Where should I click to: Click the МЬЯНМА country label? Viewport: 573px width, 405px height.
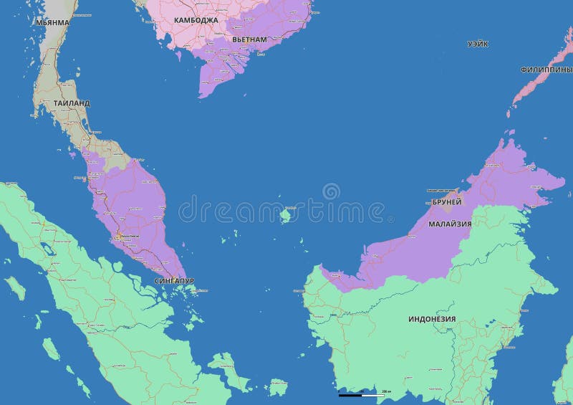[x=52, y=22]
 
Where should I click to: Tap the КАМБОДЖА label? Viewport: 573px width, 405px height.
[x=196, y=20]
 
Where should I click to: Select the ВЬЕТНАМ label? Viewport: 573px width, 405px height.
[x=249, y=39]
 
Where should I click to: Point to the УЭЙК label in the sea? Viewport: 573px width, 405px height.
[x=478, y=44]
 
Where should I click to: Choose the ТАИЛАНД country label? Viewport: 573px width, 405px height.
[x=72, y=103]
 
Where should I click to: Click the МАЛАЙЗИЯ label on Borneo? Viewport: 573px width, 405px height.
[x=450, y=224]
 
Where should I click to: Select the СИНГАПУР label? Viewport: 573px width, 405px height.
[x=174, y=281]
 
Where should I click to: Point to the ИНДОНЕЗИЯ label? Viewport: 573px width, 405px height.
[x=432, y=318]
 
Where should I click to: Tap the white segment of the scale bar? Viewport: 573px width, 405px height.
[x=372, y=395]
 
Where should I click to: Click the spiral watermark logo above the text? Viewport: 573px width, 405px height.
[x=331, y=191]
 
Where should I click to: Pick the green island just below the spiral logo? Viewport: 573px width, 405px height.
[x=285, y=214]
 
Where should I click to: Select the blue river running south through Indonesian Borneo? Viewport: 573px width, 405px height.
[x=453, y=351]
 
